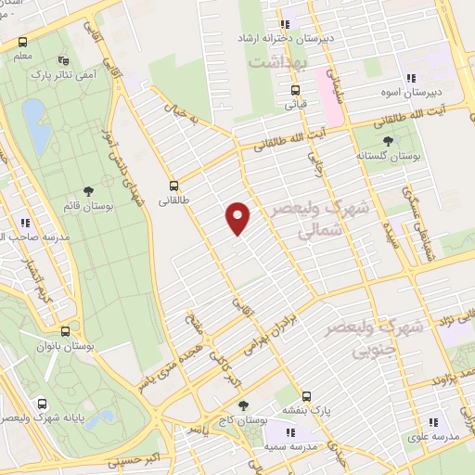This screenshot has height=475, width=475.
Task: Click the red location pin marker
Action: [238, 219]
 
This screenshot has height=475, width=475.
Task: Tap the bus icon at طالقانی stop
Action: [173, 185]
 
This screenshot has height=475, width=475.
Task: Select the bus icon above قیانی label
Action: [295, 90]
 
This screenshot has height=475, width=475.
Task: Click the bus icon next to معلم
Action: [22, 43]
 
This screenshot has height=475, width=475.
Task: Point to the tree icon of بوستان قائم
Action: [88, 190]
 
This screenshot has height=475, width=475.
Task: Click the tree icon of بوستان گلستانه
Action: [387, 139]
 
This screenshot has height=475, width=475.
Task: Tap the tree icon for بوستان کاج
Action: [243, 405]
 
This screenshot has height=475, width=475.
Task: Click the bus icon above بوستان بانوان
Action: [65, 331]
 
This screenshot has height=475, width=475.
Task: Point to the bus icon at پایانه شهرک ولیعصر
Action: [43, 404]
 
